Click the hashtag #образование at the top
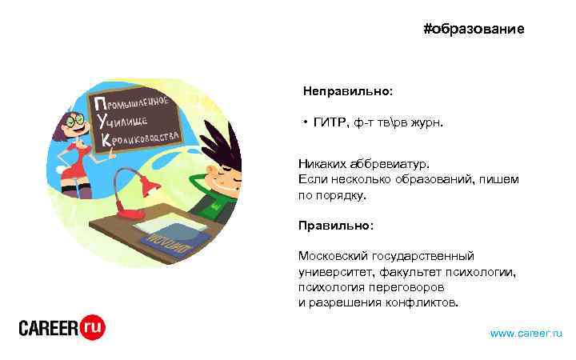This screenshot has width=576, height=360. tap(474, 30)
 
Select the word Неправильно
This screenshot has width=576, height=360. tap(346, 91)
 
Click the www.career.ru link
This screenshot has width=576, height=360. tap(526, 333)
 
